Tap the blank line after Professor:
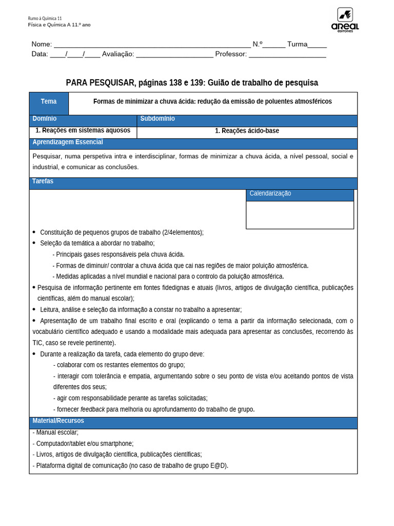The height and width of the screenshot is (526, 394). pos(287,54)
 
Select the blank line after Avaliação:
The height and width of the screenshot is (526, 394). pos(174,54)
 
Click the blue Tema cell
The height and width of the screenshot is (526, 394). pos(49,102)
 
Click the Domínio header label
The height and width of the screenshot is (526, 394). pos(45,119)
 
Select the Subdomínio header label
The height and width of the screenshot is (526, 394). pos(157,119)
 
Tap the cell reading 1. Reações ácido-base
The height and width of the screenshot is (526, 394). pos(247,131)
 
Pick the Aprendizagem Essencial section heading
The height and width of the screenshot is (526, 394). pos(68,142)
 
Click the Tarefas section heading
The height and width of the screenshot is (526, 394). pos(43,181)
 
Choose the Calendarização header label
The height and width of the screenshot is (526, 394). pos(270,194)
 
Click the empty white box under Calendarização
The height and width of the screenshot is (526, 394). pos(300,215)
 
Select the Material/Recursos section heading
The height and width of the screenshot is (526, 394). pos(58,421)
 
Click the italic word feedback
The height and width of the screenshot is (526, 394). pos(92,409)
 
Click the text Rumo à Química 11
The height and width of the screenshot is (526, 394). pos(45,18)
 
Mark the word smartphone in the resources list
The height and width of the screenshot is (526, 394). pos(117,443)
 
